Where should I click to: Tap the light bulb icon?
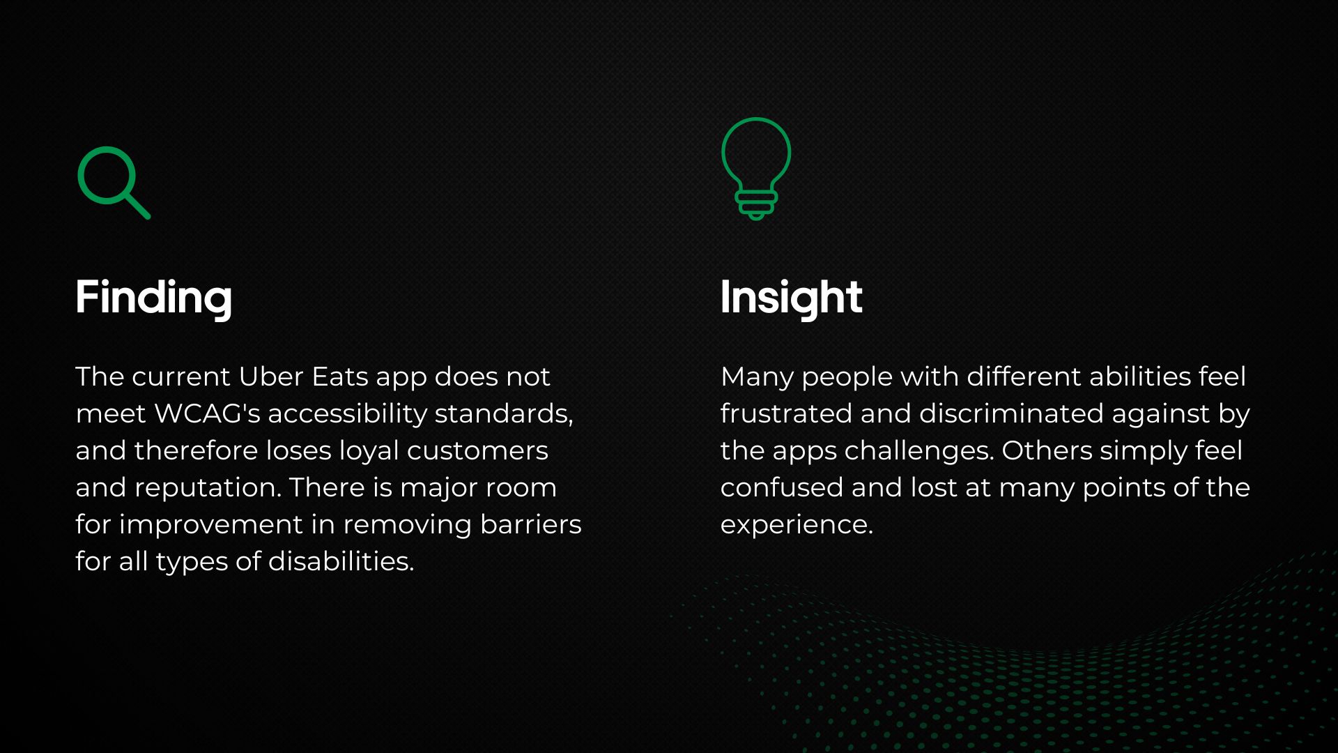[x=756, y=167]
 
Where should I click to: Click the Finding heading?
[x=153, y=298]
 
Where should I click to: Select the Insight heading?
[x=791, y=298]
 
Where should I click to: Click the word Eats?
[x=339, y=376]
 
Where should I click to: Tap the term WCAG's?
[x=207, y=413]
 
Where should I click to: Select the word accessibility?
[x=347, y=413]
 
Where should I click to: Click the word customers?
[x=477, y=450]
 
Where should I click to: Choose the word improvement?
[x=210, y=524]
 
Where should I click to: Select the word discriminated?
[x=1010, y=413]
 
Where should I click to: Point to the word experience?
[x=796, y=525]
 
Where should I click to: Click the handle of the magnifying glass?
[x=137, y=206]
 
